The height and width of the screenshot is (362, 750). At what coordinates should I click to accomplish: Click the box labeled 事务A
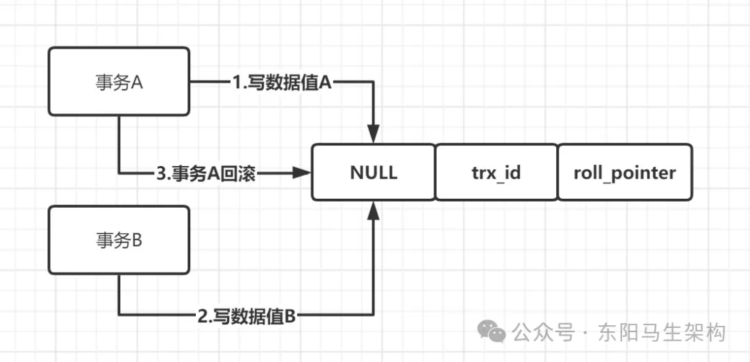pos(119,81)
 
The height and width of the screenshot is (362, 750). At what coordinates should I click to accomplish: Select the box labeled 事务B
pos(119,240)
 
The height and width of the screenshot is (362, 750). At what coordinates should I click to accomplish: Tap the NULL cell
pos(374,172)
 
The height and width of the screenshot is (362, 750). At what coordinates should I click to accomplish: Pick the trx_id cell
pos(497,172)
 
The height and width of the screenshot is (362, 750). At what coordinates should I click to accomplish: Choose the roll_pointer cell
pos(624,172)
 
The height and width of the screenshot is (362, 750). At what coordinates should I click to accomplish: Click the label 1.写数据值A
pos(283,83)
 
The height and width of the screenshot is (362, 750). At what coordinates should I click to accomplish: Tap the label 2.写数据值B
pos(247,317)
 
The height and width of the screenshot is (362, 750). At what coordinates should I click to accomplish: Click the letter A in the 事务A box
pos(136,82)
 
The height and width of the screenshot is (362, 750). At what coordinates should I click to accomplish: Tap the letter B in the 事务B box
pos(136,240)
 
